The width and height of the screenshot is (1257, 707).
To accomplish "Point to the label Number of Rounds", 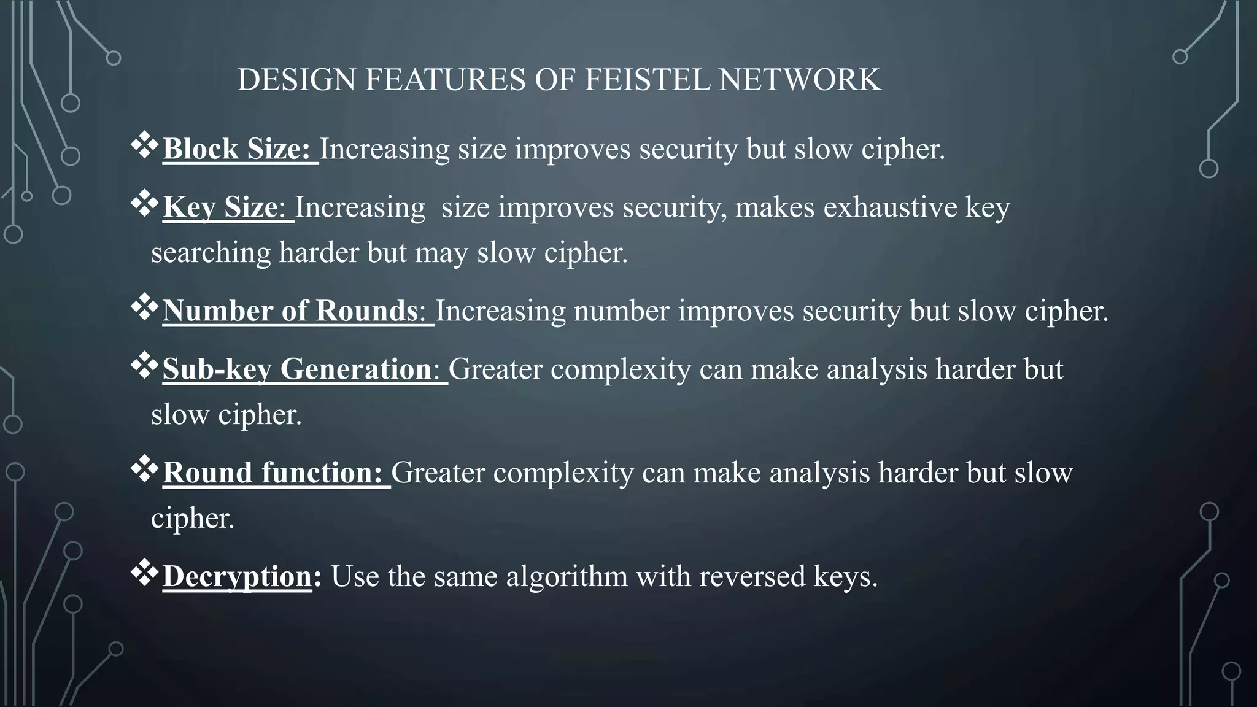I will pyautogui.click(x=290, y=311).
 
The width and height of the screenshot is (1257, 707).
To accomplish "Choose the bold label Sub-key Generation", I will pyautogui.click(x=297, y=369).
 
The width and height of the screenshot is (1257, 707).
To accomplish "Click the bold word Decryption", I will pyautogui.click(x=238, y=577).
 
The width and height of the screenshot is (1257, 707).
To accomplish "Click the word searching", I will pyautogui.click(x=211, y=253).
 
